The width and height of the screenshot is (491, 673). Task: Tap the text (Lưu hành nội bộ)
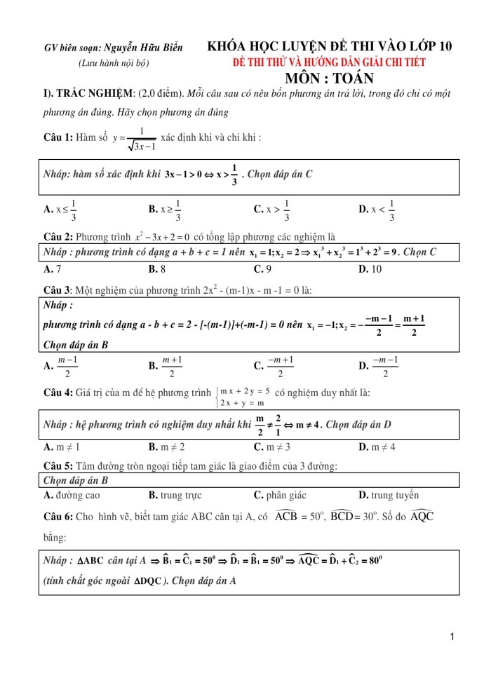[x=114, y=63]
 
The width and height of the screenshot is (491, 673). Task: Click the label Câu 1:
[x=58, y=137]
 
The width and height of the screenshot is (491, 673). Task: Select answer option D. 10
[x=370, y=268]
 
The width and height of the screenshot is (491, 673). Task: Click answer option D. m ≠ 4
[x=377, y=447]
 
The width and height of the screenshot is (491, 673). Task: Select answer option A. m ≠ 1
[x=62, y=447]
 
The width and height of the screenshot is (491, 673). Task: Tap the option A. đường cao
[x=72, y=495]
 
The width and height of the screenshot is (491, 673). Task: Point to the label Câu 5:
[x=58, y=465]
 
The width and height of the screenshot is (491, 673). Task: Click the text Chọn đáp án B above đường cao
[x=75, y=480]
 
